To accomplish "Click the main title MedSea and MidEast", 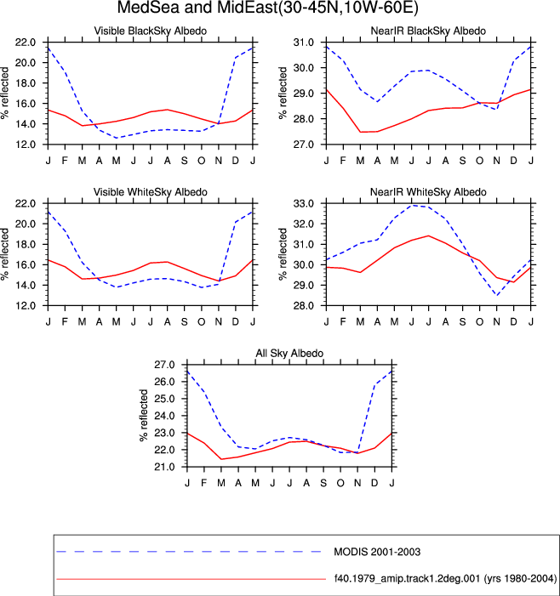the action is pyautogui.click(x=267, y=7).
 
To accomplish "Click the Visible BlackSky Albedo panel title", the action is pyautogui.click(x=151, y=31).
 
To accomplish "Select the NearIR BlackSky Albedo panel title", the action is pyautogui.click(x=428, y=31).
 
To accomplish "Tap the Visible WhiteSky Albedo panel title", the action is pyautogui.click(x=151, y=192).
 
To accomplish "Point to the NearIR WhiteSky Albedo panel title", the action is pyautogui.click(x=428, y=192).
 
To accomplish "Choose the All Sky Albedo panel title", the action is pyautogui.click(x=289, y=354).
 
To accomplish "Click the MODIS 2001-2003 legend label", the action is pyautogui.click(x=377, y=552).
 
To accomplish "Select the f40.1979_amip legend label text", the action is pyautogui.click(x=445, y=579).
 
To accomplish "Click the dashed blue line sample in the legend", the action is pyautogui.click(x=189, y=552).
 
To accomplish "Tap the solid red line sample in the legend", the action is pyautogui.click(x=191, y=579).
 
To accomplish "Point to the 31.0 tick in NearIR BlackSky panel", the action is pyautogui.click(x=304, y=43).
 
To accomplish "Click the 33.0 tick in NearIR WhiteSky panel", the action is pyautogui.click(x=304, y=204).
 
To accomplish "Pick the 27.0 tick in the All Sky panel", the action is pyautogui.click(x=164, y=365).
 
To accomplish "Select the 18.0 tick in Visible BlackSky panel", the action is pyautogui.click(x=26, y=83).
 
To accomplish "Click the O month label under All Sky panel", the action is pyautogui.click(x=340, y=483).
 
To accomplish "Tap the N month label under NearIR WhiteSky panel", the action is pyautogui.click(x=496, y=322).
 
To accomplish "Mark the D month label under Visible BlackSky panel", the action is pyautogui.click(x=236, y=161).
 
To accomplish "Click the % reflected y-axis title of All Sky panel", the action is pyautogui.click(x=144, y=415).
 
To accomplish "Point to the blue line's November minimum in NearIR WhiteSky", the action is pyautogui.click(x=496, y=295).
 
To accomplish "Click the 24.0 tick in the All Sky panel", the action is pyautogui.click(x=164, y=416).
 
